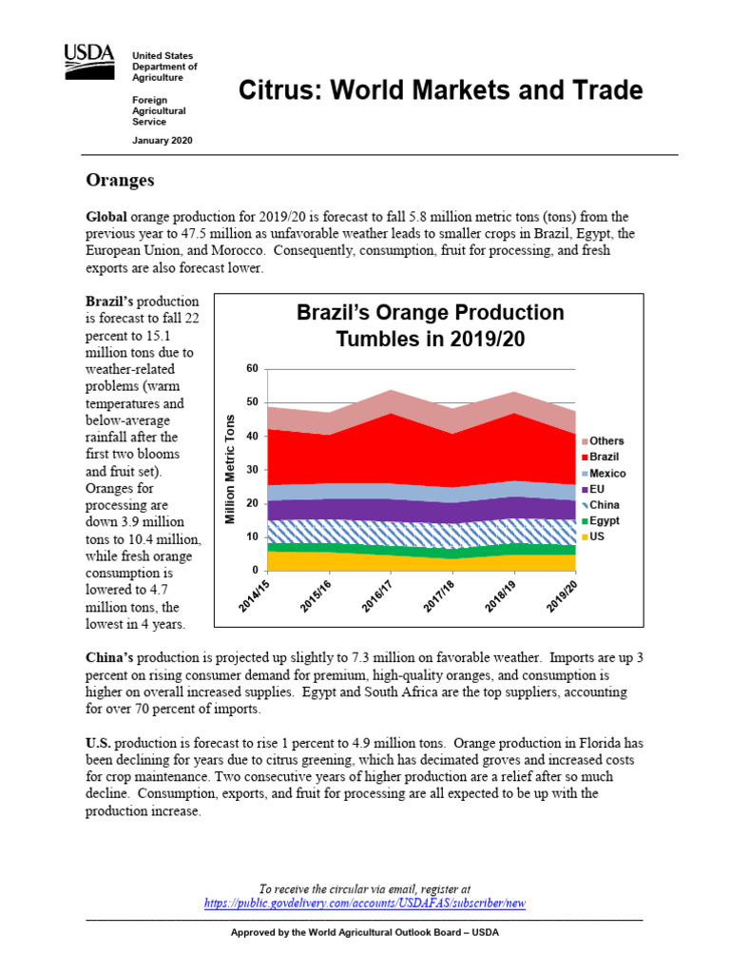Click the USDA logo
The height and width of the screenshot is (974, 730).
[89, 60]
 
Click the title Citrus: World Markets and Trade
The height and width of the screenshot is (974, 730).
[439, 91]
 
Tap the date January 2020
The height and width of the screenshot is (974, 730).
[162, 140]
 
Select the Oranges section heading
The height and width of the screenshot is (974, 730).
[120, 180]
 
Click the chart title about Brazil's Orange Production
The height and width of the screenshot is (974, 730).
[430, 325]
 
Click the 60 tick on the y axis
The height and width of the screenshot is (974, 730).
[252, 368]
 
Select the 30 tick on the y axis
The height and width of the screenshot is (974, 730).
[252, 470]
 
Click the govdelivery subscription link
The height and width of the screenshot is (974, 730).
[365, 904]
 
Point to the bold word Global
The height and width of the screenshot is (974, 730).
[106, 217]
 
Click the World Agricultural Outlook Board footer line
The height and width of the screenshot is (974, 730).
[365, 932]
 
